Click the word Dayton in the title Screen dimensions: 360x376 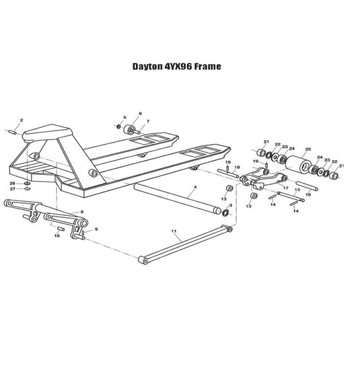point(147,67)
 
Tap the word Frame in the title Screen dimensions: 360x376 point(207,67)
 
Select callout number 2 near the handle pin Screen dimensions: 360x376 point(22,120)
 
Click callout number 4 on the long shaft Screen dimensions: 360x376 point(195,187)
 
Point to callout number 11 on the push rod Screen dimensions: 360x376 point(174,231)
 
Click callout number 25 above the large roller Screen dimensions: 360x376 point(308,149)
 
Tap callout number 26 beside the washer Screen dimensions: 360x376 point(13,183)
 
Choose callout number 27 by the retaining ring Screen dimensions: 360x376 point(13,189)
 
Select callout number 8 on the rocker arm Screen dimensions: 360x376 point(82,212)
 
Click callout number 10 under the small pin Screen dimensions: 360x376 point(57,235)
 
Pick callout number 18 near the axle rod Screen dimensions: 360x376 point(238,167)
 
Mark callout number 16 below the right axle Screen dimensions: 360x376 point(308,194)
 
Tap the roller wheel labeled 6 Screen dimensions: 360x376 point(129,130)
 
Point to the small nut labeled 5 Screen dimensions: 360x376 point(118,126)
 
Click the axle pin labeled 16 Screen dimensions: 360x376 point(307,186)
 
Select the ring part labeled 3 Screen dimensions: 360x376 point(225,213)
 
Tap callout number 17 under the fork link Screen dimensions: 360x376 point(286,188)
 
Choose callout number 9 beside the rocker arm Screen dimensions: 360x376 point(96,229)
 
